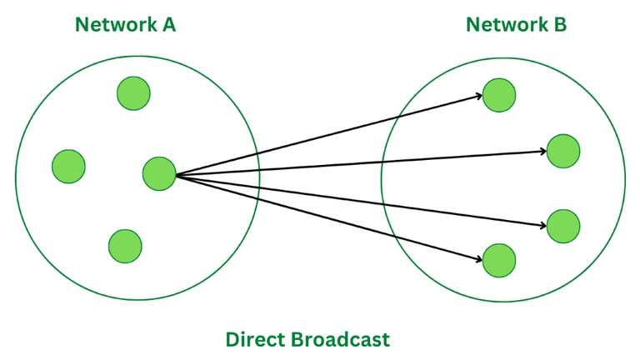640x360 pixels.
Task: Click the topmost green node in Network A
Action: pyautogui.click(x=133, y=92)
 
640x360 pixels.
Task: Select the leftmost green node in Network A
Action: pyautogui.click(x=68, y=166)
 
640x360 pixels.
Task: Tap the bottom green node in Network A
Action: pyautogui.click(x=125, y=245)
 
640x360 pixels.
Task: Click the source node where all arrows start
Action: pyautogui.click(x=159, y=173)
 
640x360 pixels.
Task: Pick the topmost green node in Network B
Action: pyautogui.click(x=498, y=95)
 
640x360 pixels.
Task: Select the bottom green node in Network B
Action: pyautogui.click(x=498, y=260)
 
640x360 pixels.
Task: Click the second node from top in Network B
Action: pyautogui.click(x=563, y=151)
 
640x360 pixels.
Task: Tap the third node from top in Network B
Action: pyautogui.click(x=563, y=226)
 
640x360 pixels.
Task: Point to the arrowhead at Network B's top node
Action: pyautogui.click(x=479, y=97)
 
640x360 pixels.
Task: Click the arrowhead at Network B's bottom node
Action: pyautogui.click(x=479, y=260)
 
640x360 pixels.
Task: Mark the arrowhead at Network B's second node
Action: pyautogui.click(x=543, y=152)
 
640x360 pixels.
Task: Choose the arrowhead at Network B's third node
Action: pyautogui.click(x=543, y=224)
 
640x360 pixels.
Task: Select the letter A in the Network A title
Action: pyautogui.click(x=168, y=24)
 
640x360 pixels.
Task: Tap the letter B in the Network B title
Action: pyautogui.click(x=559, y=24)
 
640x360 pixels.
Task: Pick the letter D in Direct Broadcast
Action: pyautogui.click(x=232, y=339)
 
